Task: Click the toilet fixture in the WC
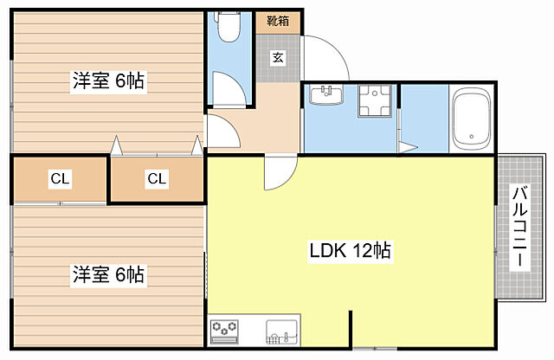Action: [229, 27]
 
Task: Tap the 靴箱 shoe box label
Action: [278, 21]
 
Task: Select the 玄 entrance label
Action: [278, 57]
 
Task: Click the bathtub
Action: [472, 118]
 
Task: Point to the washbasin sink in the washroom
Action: [326, 94]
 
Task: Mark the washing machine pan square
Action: [375, 100]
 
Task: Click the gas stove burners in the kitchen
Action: [224, 331]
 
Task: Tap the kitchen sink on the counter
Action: [281, 332]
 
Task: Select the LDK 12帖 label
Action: [350, 251]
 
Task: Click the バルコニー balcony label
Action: [519, 228]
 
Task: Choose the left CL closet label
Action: [61, 179]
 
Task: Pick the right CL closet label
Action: [157, 179]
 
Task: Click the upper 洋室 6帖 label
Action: [108, 80]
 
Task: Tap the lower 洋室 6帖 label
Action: [108, 274]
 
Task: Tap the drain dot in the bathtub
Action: [471, 137]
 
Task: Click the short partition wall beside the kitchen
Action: [351, 329]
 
